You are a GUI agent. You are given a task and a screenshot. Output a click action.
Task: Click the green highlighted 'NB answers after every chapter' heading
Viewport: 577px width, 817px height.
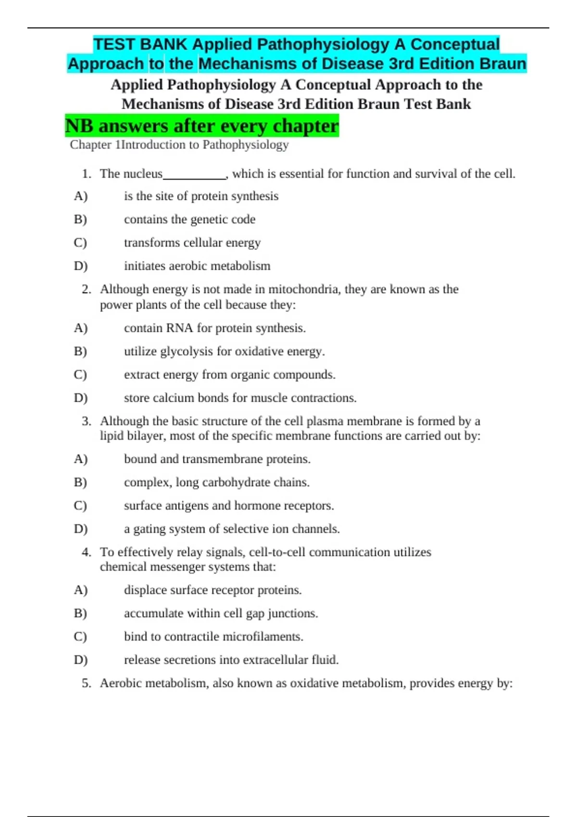click(x=202, y=126)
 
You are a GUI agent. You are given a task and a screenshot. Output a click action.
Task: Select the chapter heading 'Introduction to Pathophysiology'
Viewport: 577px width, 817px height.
click(x=205, y=145)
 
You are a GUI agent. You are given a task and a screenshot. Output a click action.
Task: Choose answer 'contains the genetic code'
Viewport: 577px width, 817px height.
click(x=189, y=220)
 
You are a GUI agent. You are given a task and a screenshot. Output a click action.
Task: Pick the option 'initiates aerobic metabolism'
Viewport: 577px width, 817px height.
click(x=197, y=266)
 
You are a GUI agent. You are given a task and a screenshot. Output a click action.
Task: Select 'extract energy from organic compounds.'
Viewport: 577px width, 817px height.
click(x=229, y=375)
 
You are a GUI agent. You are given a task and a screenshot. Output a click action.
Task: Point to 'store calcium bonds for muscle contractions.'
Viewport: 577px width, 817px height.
click(x=240, y=398)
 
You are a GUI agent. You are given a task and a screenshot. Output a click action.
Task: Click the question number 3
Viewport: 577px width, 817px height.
click(x=87, y=421)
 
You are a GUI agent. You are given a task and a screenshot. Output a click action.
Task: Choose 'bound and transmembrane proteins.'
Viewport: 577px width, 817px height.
click(x=217, y=459)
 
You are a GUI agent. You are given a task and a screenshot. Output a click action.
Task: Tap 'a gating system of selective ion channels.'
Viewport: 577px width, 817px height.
click(x=232, y=529)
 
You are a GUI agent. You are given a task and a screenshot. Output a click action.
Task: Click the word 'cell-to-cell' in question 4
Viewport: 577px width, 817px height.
click(x=277, y=552)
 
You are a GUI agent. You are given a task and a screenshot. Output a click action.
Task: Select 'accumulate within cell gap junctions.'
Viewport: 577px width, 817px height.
click(x=221, y=614)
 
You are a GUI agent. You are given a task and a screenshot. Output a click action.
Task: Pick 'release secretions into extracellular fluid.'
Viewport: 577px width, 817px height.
click(x=231, y=660)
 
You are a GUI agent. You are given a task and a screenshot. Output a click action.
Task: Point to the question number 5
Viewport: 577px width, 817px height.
click(x=87, y=683)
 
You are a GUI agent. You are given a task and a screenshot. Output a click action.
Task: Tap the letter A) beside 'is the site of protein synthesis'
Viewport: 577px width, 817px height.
click(x=81, y=197)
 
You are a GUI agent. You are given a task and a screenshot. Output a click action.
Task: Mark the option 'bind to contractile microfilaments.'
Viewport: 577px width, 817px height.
click(x=213, y=637)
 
